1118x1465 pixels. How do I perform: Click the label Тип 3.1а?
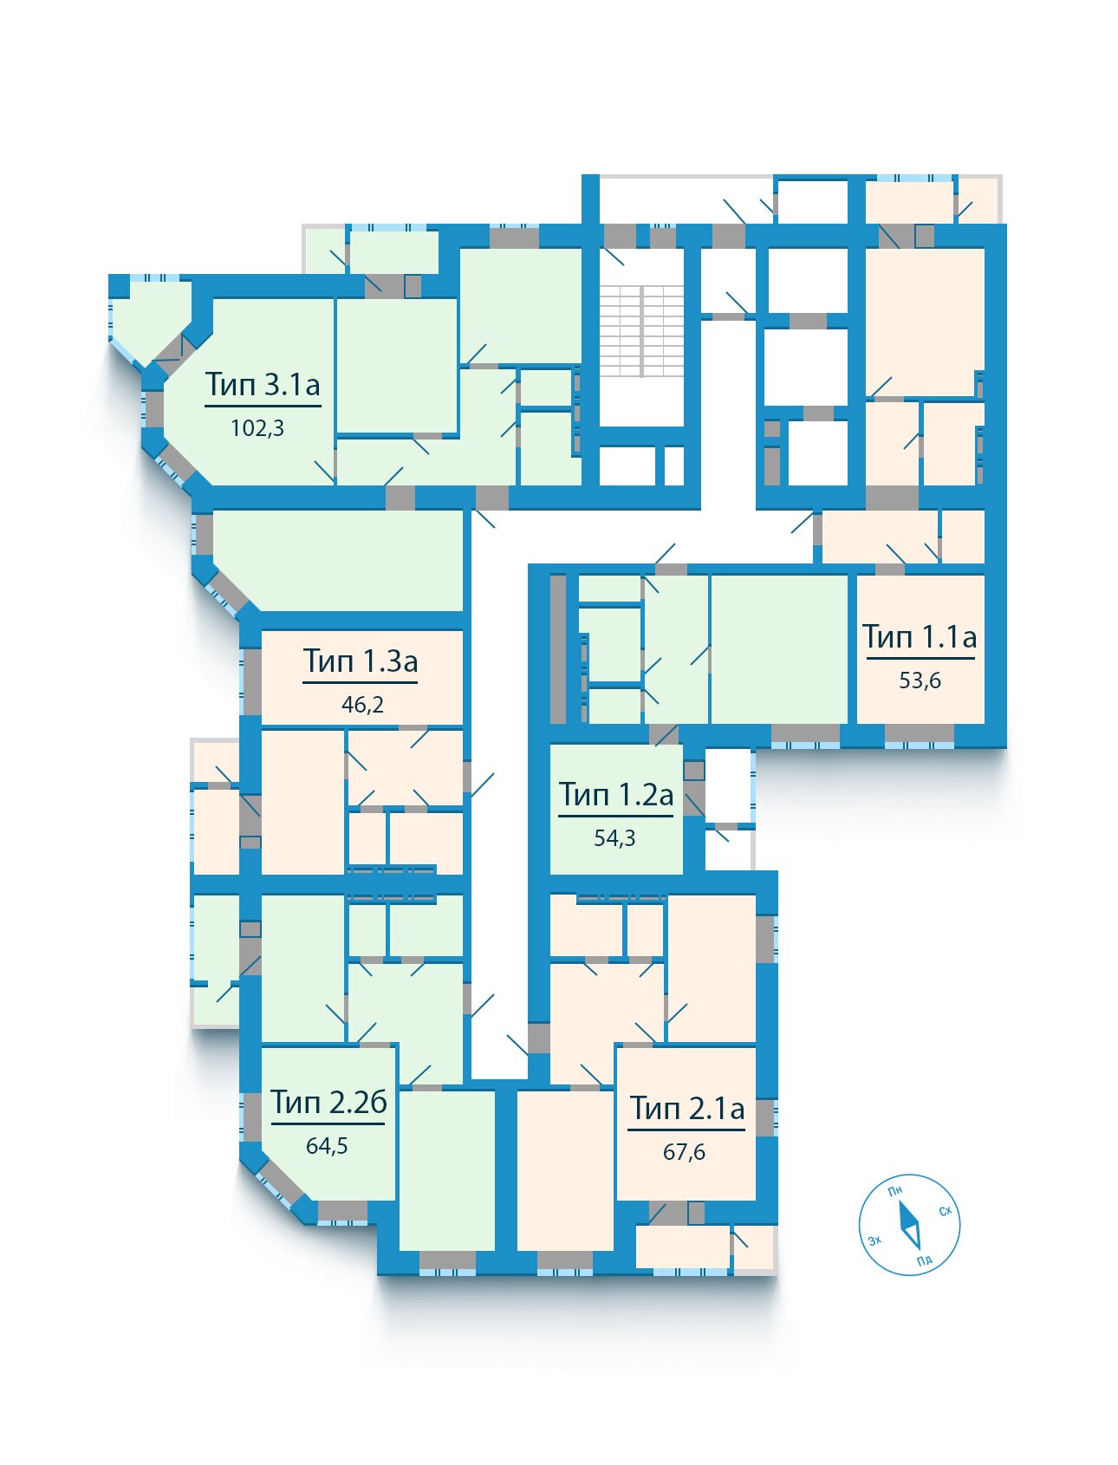pyautogui.click(x=263, y=384)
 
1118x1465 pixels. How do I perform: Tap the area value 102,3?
pyautogui.click(x=257, y=428)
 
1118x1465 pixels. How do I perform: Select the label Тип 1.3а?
pyautogui.click(x=361, y=661)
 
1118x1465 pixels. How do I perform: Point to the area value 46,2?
pyautogui.click(x=362, y=705)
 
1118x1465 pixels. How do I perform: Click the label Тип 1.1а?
pyautogui.click(x=920, y=637)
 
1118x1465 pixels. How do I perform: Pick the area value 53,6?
pyautogui.click(x=920, y=680)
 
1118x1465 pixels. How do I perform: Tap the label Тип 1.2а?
pyautogui.click(x=615, y=795)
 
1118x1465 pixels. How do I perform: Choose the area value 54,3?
pyautogui.click(x=614, y=838)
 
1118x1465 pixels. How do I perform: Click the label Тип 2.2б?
pyautogui.click(x=328, y=1103)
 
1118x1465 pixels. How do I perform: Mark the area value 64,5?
pyautogui.click(x=327, y=1146)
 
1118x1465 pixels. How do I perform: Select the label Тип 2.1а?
pyautogui.click(x=686, y=1109)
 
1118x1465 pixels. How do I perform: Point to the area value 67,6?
pyautogui.click(x=684, y=1152)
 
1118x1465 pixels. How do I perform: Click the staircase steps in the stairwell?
pyautogui.click(x=642, y=331)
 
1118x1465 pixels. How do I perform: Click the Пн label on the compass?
pyautogui.click(x=895, y=1191)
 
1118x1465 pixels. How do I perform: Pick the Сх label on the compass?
pyautogui.click(x=945, y=1210)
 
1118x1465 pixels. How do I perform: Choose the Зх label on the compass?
pyautogui.click(x=874, y=1240)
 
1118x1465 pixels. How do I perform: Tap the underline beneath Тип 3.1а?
pyautogui.click(x=263, y=406)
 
